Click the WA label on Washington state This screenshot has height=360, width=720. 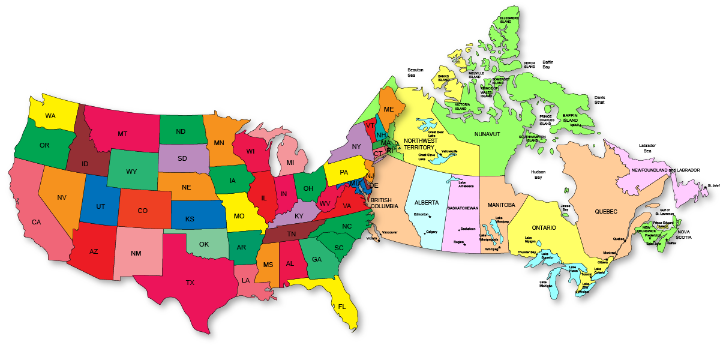[50, 115]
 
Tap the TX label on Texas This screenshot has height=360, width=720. [190, 283]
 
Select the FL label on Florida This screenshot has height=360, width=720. [342, 307]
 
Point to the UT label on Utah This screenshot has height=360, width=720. [101, 206]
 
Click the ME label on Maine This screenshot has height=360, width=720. [389, 109]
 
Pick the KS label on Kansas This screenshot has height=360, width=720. [190, 219]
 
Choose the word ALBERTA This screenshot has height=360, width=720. [427, 203]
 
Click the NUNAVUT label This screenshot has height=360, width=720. [487, 134]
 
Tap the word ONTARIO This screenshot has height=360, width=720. [544, 228]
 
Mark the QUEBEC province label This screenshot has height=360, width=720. [606, 211]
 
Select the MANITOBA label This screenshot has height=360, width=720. [501, 205]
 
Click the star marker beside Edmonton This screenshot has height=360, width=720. [430, 216]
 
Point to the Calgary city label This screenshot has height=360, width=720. [431, 232]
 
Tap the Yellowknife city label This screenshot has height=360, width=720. [449, 151]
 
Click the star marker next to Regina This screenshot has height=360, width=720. [464, 245]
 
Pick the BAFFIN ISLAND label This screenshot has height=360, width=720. [570, 118]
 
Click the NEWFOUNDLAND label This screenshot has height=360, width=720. [650, 170]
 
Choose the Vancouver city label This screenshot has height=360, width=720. [390, 232]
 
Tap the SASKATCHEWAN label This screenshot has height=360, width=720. [463, 208]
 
